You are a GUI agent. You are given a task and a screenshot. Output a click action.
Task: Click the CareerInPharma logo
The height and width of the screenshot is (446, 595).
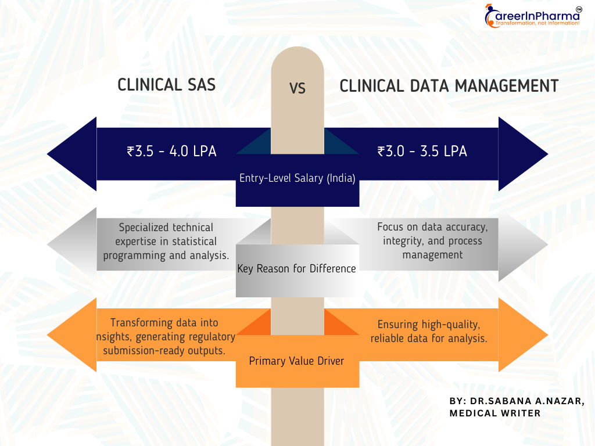pos(533,16)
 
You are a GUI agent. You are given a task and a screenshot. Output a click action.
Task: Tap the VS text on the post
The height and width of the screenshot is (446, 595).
pos(297,88)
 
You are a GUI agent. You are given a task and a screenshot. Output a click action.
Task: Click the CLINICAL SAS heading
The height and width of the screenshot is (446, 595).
pos(167,85)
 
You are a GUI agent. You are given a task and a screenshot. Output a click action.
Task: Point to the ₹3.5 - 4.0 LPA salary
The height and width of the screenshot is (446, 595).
pos(171,151)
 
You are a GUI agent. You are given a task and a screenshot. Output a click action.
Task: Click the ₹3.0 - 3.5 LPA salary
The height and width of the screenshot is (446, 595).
pos(422,151)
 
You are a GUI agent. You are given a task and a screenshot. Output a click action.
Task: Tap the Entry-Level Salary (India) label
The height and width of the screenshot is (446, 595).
pos(297,178)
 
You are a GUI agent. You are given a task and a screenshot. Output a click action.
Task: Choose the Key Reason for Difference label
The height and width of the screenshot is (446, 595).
pos(297,268)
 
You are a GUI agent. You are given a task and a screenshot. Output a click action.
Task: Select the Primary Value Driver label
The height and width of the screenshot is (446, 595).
pos(297,361)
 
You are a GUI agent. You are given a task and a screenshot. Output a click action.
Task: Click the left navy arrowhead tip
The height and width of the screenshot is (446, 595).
pos(47,154)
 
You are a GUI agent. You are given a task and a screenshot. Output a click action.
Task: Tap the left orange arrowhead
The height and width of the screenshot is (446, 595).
pos(71,335)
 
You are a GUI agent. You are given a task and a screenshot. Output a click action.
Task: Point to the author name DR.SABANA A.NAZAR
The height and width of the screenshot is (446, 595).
pos(528,401)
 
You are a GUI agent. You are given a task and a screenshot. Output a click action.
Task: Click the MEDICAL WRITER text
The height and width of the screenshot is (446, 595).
pos(495,413)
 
